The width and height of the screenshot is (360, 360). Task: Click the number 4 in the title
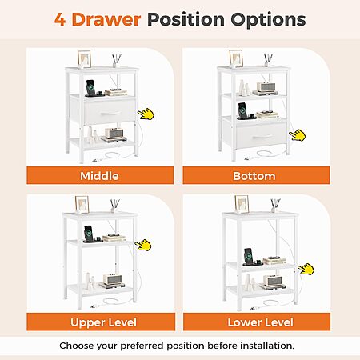click(60, 19)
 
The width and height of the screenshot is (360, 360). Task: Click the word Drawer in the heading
click(106, 19)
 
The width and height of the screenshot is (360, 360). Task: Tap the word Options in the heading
click(268, 20)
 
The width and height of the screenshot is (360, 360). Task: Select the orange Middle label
click(100, 175)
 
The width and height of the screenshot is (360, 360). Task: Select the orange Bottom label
click(256, 175)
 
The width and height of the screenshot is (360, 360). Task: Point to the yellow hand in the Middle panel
click(146, 114)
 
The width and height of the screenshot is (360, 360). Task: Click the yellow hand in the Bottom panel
click(298, 135)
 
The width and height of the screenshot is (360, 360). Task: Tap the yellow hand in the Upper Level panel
click(143, 245)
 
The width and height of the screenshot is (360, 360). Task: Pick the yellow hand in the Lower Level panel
click(306, 269)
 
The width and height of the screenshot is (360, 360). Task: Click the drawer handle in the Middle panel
click(110, 114)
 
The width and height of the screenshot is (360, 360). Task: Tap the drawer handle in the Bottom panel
click(262, 137)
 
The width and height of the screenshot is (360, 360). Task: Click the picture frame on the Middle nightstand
click(84, 59)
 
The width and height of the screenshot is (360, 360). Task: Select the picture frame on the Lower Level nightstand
click(242, 205)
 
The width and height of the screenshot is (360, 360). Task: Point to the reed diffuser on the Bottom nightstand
click(268, 60)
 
